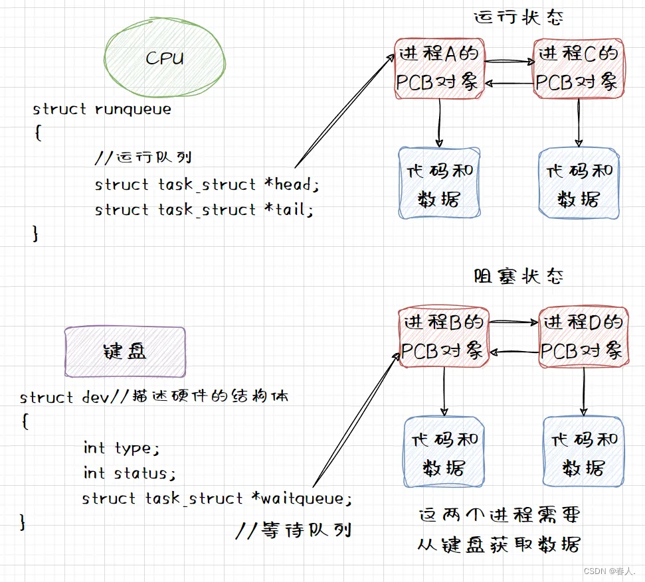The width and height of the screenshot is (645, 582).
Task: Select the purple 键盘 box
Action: click(x=125, y=352)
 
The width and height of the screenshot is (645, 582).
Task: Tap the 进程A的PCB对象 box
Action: click(x=438, y=68)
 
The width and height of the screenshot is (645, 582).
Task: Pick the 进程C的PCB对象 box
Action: click(x=578, y=68)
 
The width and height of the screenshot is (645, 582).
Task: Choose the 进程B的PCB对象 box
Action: click(x=444, y=337)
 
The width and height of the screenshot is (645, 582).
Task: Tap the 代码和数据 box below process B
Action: click(x=444, y=453)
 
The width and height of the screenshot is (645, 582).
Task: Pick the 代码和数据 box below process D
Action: click(x=583, y=453)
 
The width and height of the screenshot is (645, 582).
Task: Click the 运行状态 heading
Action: click(x=519, y=17)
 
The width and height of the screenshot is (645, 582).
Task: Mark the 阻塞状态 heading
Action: click(x=519, y=275)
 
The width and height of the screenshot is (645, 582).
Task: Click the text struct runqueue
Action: click(x=102, y=109)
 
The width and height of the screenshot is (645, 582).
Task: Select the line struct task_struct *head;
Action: click(x=207, y=184)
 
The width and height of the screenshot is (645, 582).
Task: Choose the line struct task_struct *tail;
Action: click(x=204, y=210)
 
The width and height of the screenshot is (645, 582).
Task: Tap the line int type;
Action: click(x=122, y=448)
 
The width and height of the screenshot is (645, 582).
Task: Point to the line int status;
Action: click(x=130, y=473)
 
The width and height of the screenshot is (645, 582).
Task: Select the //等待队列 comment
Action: click(x=294, y=530)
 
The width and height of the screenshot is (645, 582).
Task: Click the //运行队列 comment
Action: click(x=143, y=158)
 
